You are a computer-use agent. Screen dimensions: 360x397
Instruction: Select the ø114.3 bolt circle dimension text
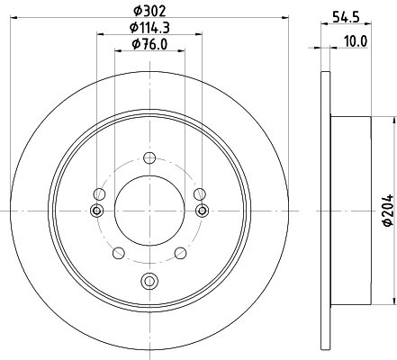(x=149, y=30)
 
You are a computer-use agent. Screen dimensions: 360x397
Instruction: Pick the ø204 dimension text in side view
(x=383, y=210)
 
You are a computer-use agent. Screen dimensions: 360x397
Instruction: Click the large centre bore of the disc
(x=149, y=210)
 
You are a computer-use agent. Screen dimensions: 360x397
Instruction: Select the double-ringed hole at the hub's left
(x=97, y=211)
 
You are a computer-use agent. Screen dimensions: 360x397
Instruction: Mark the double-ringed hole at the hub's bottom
(x=149, y=279)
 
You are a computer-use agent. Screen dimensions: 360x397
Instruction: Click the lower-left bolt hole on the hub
(x=117, y=253)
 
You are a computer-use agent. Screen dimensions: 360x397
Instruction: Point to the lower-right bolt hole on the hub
(x=180, y=253)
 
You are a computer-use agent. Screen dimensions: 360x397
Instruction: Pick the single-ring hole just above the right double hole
(x=200, y=192)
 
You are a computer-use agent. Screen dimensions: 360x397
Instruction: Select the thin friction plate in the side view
(x=326, y=210)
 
